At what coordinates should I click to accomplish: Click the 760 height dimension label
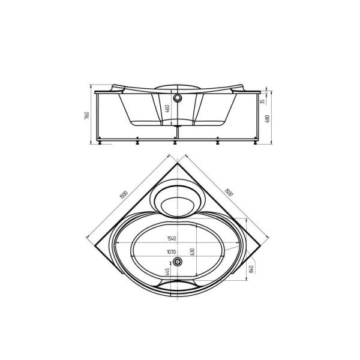(87, 115)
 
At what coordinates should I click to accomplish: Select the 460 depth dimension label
(167, 109)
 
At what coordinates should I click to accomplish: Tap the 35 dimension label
(263, 101)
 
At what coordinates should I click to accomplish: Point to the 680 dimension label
(268, 118)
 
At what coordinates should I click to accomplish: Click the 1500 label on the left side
(124, 194)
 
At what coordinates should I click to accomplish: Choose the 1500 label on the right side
(229, 193)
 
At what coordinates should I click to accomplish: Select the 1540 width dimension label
(172, 239)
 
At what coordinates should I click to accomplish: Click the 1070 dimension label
(172, 252)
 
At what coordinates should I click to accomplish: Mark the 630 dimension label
(193, 252)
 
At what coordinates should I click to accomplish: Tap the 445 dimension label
(167, 272)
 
